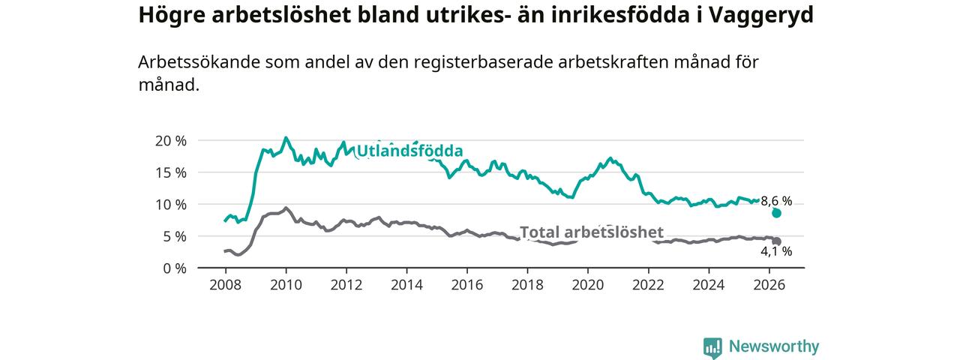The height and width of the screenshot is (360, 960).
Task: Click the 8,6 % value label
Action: (x=776, y=201)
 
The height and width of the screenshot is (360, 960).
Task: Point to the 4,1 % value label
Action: (x=776, y=251)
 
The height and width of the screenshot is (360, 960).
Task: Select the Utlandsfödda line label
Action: (x=409, y=151)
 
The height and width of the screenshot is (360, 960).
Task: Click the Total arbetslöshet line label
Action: (x=592, y=232)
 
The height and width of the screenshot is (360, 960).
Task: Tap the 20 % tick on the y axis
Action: (x=171, y=141)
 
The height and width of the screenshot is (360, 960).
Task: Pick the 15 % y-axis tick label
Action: (x=171, y=172)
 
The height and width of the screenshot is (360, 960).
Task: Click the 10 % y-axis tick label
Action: (x=171, y=205)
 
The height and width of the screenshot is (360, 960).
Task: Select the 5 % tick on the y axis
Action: (x=175, y=236)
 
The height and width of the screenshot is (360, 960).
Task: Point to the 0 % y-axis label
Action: (x=175, y=268)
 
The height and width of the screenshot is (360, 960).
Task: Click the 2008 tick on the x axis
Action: (x=226, y=285)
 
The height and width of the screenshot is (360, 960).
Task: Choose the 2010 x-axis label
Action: (x=286, y=285)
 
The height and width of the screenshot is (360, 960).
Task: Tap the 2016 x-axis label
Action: (x=467, y=285)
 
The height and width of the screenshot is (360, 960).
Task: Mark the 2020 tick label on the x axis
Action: (x=588, y=285)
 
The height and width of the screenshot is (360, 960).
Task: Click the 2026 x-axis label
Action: (x=769, y=285)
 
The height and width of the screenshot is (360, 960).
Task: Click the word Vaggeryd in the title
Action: (x=761, y=16)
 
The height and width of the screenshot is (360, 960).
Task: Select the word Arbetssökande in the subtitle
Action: (x=199, y=62)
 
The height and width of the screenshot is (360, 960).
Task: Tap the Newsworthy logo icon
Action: (x=712, y=348)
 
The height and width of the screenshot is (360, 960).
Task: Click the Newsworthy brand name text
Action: (x=774, y=346)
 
